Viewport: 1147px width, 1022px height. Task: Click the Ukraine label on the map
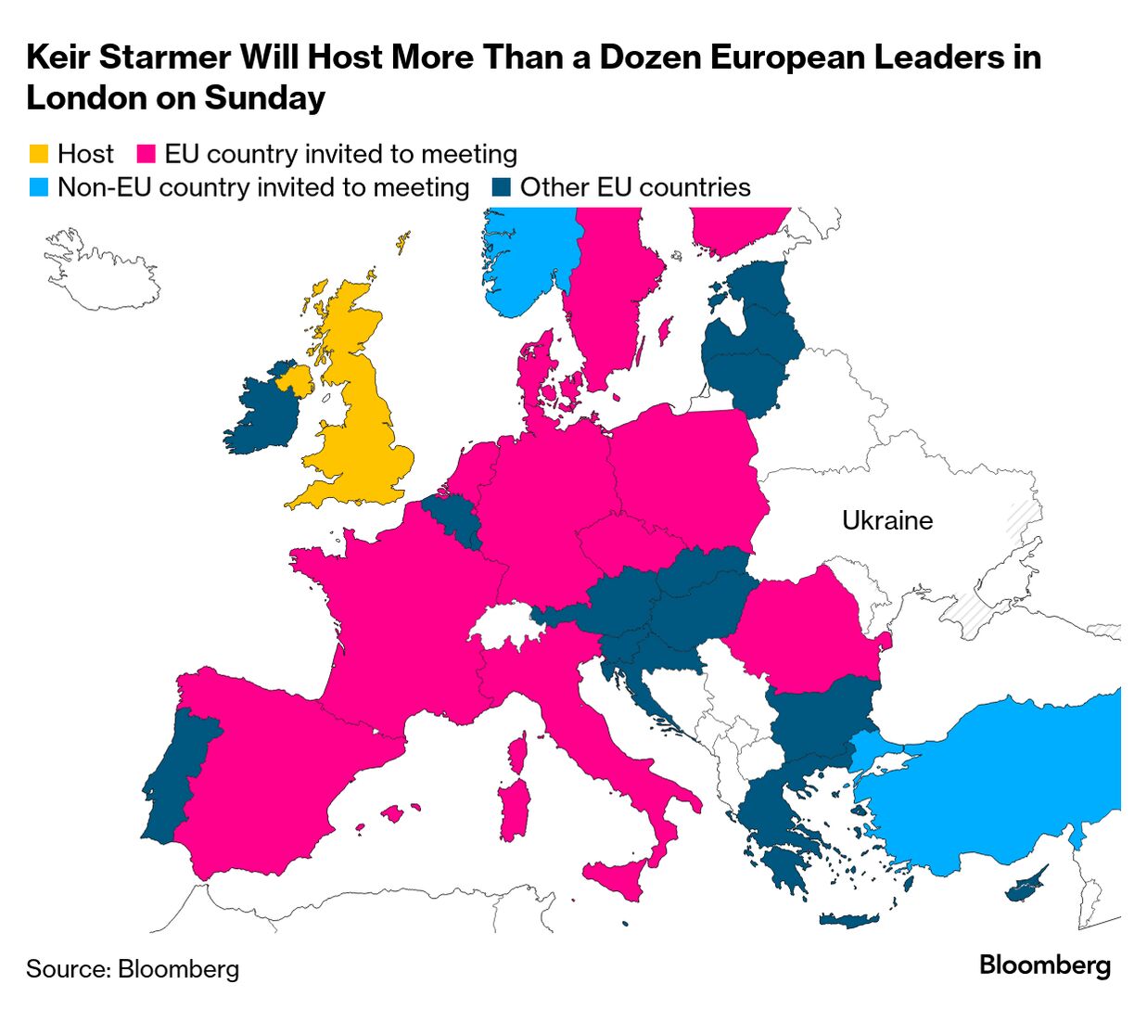click(x=886, y=520)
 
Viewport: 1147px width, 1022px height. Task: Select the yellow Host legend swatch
click(x=38, y=154)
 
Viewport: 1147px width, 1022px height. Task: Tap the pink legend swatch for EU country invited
click(x=146, y=154)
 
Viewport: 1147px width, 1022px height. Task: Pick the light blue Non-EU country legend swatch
click(x=38, y=187)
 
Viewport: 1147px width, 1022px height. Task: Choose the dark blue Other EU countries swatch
click(x=501, y=187)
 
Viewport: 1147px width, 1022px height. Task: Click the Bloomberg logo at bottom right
click(x=1044, y=965)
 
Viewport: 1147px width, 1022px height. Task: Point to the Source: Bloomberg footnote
click(x=133, y=969)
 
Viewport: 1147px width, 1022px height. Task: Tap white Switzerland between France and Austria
click(x=505, y=624)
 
